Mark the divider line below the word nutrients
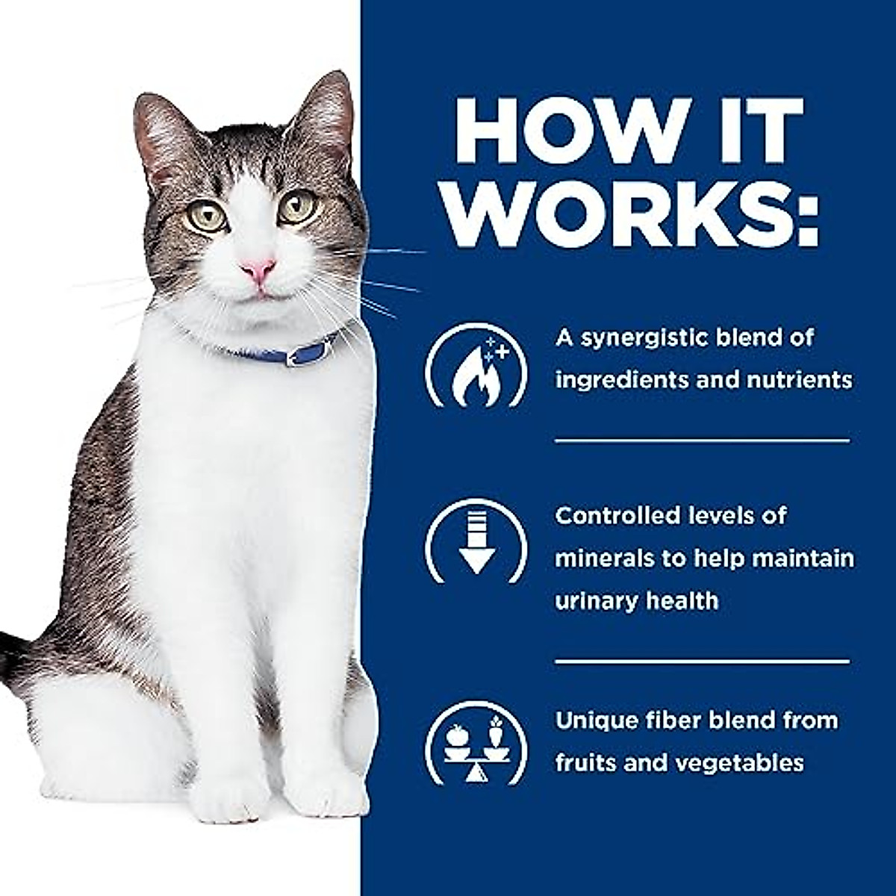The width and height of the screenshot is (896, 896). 702,441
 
